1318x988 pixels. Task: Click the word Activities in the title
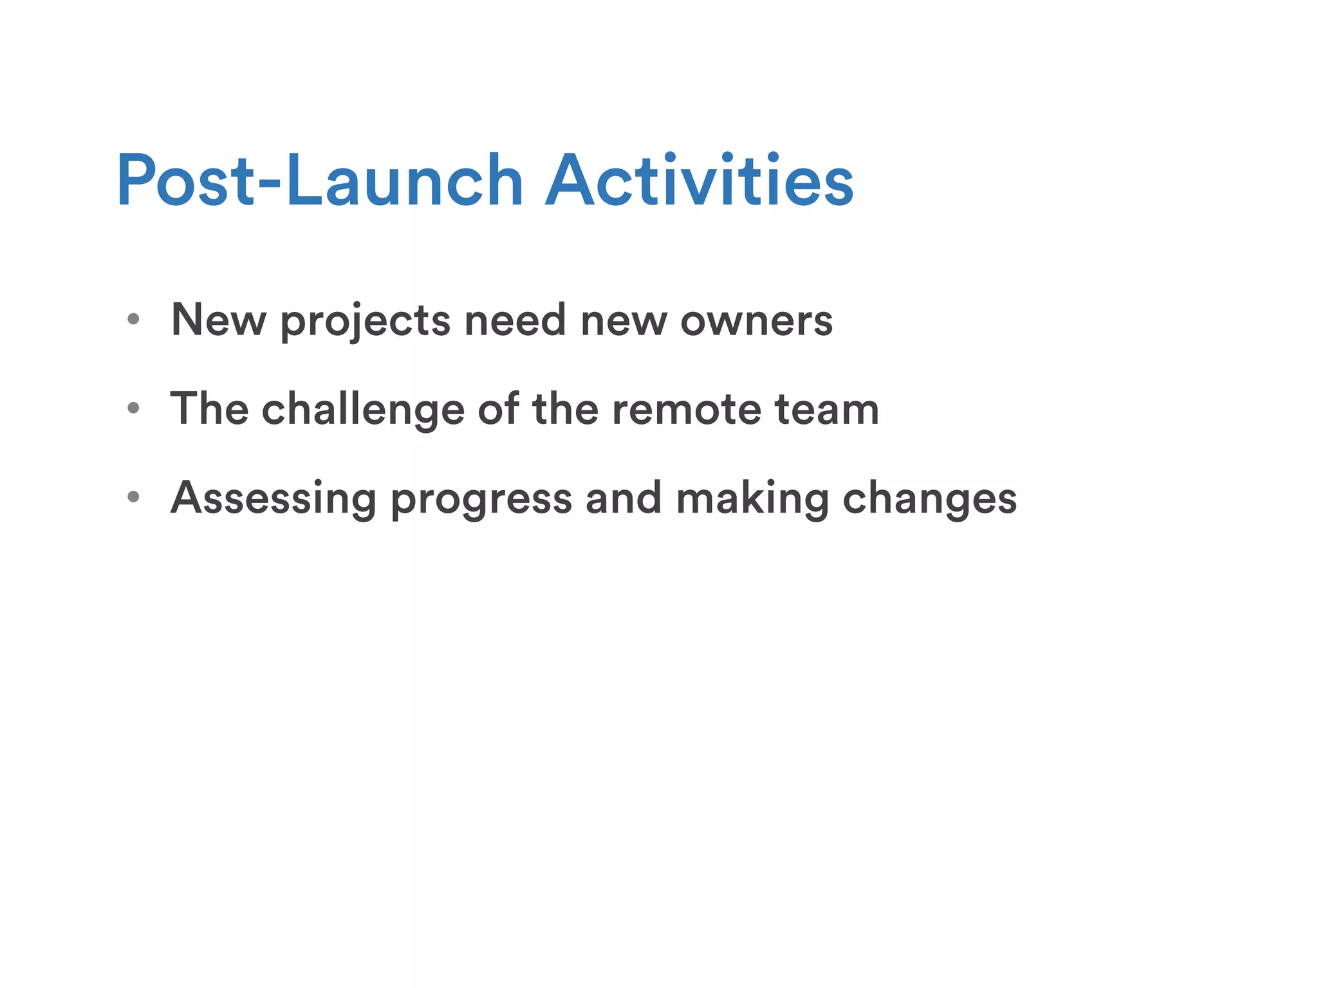tap(700, 181)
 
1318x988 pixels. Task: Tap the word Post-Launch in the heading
tap(320, 181)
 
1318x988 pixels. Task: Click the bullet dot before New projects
tap(134, 319)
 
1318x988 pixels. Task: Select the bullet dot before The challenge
tap(134, 408)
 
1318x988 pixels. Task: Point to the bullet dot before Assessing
tap(134, 497)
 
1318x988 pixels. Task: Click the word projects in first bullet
tap(365, 321)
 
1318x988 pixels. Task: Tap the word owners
tap(757, 321)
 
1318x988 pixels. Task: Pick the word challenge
tap(363, 410)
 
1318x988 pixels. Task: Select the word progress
tap(481, 500)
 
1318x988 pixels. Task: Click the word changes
tap(930, 499)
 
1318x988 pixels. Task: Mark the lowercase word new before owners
tap(624, 321)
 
